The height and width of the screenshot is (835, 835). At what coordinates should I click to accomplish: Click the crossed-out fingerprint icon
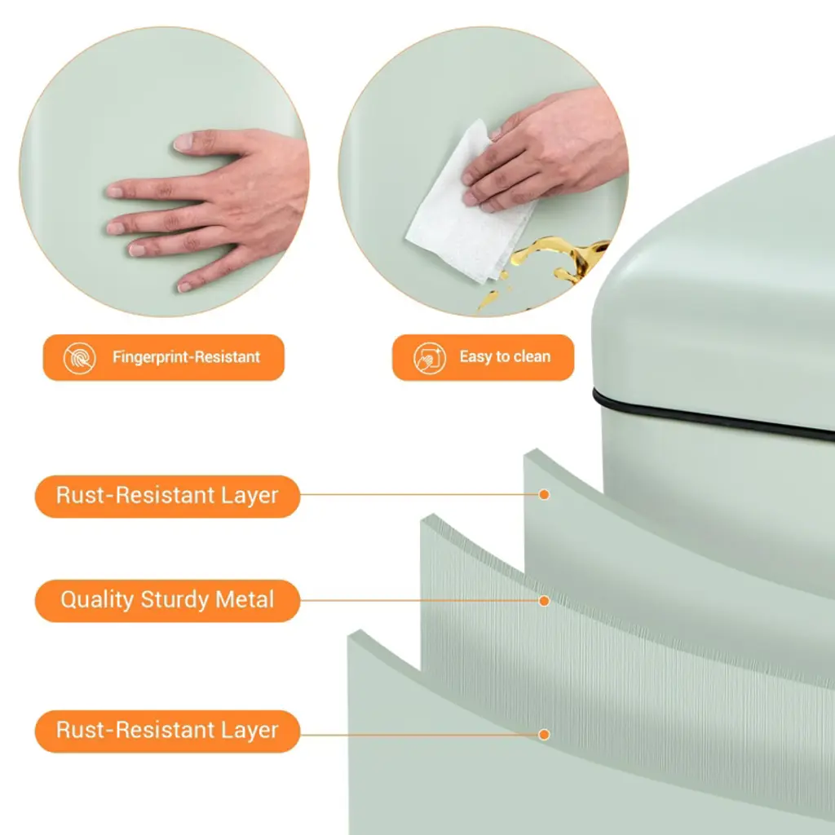pyautogui.click(x=80, y=358)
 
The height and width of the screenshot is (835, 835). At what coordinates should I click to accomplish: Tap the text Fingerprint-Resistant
pyautogui.click(x=187, y=357)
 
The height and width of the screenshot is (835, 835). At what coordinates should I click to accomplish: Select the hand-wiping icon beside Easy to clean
pyautogui.click(x=430, y=358)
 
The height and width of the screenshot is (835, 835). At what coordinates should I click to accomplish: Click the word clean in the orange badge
pyautogui.click(x=530, y=356)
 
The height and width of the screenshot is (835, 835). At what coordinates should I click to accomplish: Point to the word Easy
pyautogui.click(x=475, y=357)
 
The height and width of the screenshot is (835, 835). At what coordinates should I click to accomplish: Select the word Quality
pyautogui.click(x=97, y=600)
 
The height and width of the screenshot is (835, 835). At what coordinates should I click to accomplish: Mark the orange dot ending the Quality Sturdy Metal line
pyautogui.click(x=544, y=601)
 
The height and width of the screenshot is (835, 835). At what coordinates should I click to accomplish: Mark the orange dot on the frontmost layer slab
pyautogui.click(x=544, y=735)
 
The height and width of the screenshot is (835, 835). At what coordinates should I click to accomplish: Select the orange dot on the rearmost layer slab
pyautogui.click(x=544, y=495)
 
